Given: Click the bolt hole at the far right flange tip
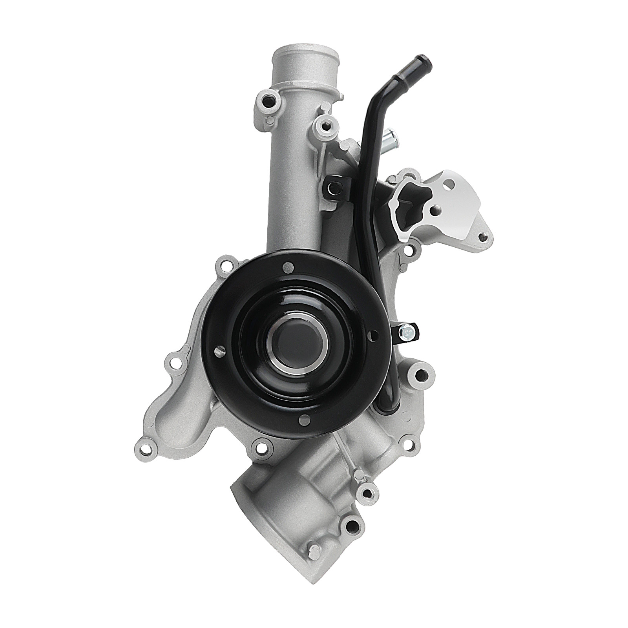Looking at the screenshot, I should click(484, 237).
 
